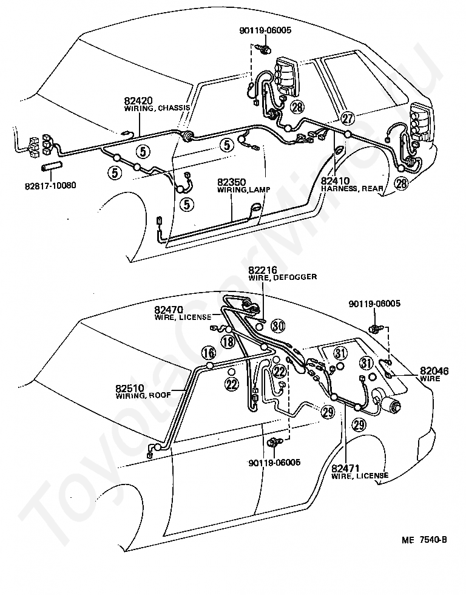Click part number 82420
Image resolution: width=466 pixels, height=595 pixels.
139,100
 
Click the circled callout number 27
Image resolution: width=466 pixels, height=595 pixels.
347,118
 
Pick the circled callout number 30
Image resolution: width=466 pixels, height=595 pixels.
277,326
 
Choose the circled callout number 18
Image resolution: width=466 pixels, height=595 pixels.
227,342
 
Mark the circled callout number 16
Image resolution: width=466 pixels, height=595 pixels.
209,353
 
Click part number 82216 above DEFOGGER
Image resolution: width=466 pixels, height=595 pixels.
262,269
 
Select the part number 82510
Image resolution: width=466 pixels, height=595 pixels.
130,388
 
